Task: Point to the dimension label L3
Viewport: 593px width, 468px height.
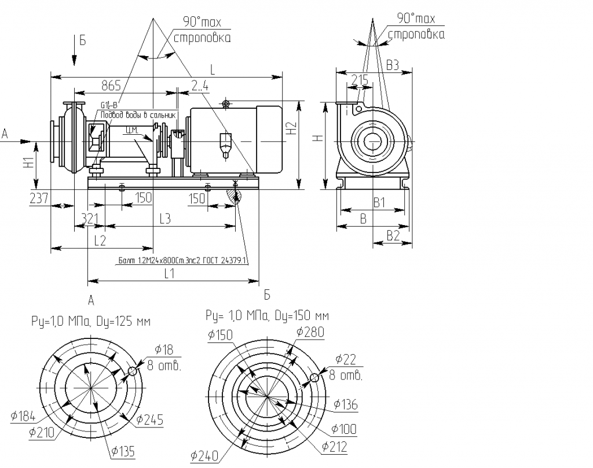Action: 164,218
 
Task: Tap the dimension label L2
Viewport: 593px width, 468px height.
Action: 99,239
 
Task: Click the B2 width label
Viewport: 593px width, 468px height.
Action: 393,235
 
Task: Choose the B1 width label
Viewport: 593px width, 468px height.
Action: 379,202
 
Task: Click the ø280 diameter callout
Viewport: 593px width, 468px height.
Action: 310,331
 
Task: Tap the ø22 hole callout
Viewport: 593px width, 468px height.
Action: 345,359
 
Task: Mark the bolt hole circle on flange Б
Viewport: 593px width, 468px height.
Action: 314,378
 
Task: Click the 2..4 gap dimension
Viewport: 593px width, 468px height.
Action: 200,86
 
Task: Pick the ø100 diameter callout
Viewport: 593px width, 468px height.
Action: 344,429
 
